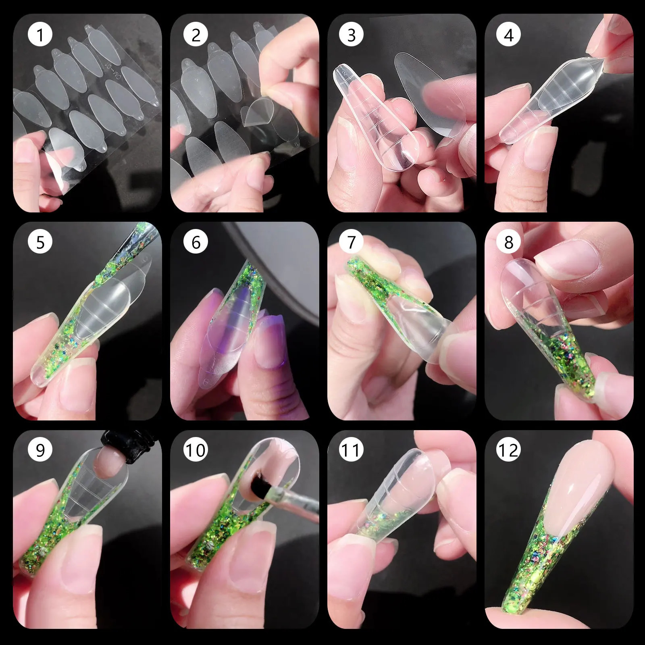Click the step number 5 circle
click(x=40, y=242)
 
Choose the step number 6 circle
click(x=196, y=242)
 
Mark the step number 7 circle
click(x=351, y=242)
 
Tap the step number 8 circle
click(x=508, y=242)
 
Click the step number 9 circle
click(x=40, y=449)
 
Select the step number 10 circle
click(x=196, y=449)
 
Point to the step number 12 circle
click(x=508, y=449)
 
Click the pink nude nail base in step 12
click(x=580, y=484)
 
